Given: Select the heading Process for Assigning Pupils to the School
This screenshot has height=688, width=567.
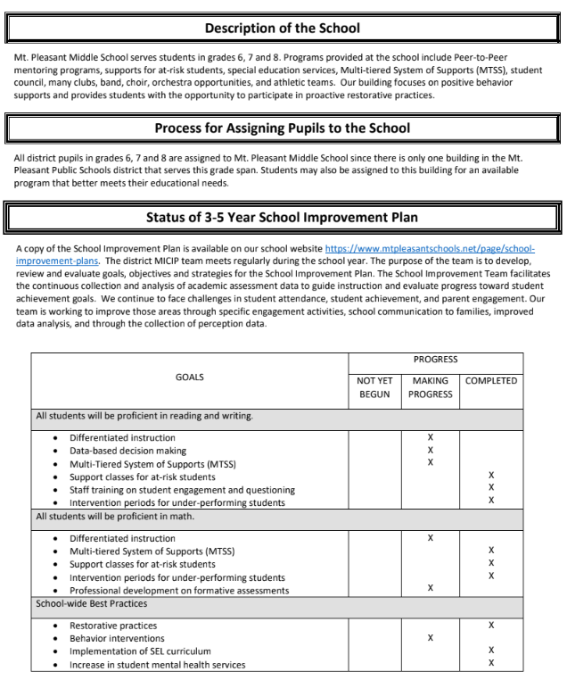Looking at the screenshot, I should (283, 128).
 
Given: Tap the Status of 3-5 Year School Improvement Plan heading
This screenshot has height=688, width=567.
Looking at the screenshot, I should (283, 217).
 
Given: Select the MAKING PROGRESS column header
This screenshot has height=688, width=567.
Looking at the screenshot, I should (431, 386).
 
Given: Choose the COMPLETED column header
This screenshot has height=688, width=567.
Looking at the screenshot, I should (491, 380).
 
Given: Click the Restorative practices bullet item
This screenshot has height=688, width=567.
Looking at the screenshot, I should (113, 626).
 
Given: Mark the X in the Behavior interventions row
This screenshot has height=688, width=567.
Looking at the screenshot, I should (431, 638).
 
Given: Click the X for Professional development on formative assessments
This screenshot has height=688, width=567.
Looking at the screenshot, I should (431, 588).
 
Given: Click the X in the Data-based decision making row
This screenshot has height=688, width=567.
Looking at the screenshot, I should (431, 451).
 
